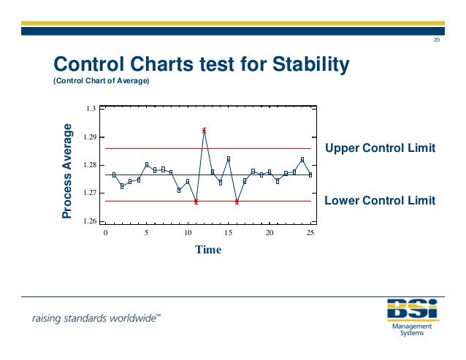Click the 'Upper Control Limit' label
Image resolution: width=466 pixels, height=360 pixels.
[x=380, y=148]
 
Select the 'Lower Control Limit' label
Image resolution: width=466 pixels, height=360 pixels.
[x=380, y=200]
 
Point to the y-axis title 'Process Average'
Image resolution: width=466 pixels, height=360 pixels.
[x=67, y=172]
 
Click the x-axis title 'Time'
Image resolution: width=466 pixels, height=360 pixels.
[x=207, y=250]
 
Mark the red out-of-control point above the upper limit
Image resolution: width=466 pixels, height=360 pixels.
[x=204, y=130]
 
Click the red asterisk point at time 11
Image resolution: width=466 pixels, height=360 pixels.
[x=196, y=202]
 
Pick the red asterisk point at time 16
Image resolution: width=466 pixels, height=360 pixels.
[x=237, y=202]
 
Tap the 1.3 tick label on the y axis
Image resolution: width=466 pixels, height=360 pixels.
[x=91, y=109]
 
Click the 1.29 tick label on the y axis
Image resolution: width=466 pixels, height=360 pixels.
[x=89, y=137]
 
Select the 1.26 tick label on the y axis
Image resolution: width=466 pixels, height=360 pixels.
[x=89, y=221]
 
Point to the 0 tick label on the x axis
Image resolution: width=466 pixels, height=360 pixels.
[x=105, y=232]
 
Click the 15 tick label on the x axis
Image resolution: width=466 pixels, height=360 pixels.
[x=228, y=232]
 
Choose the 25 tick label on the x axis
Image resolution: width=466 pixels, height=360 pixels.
[x=310, y=232]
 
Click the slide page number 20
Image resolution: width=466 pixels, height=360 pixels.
[x=437, y=39]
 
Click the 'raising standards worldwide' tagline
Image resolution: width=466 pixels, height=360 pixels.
[x=96, y=319]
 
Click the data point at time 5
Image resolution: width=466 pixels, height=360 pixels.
[x=147, y=164]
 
